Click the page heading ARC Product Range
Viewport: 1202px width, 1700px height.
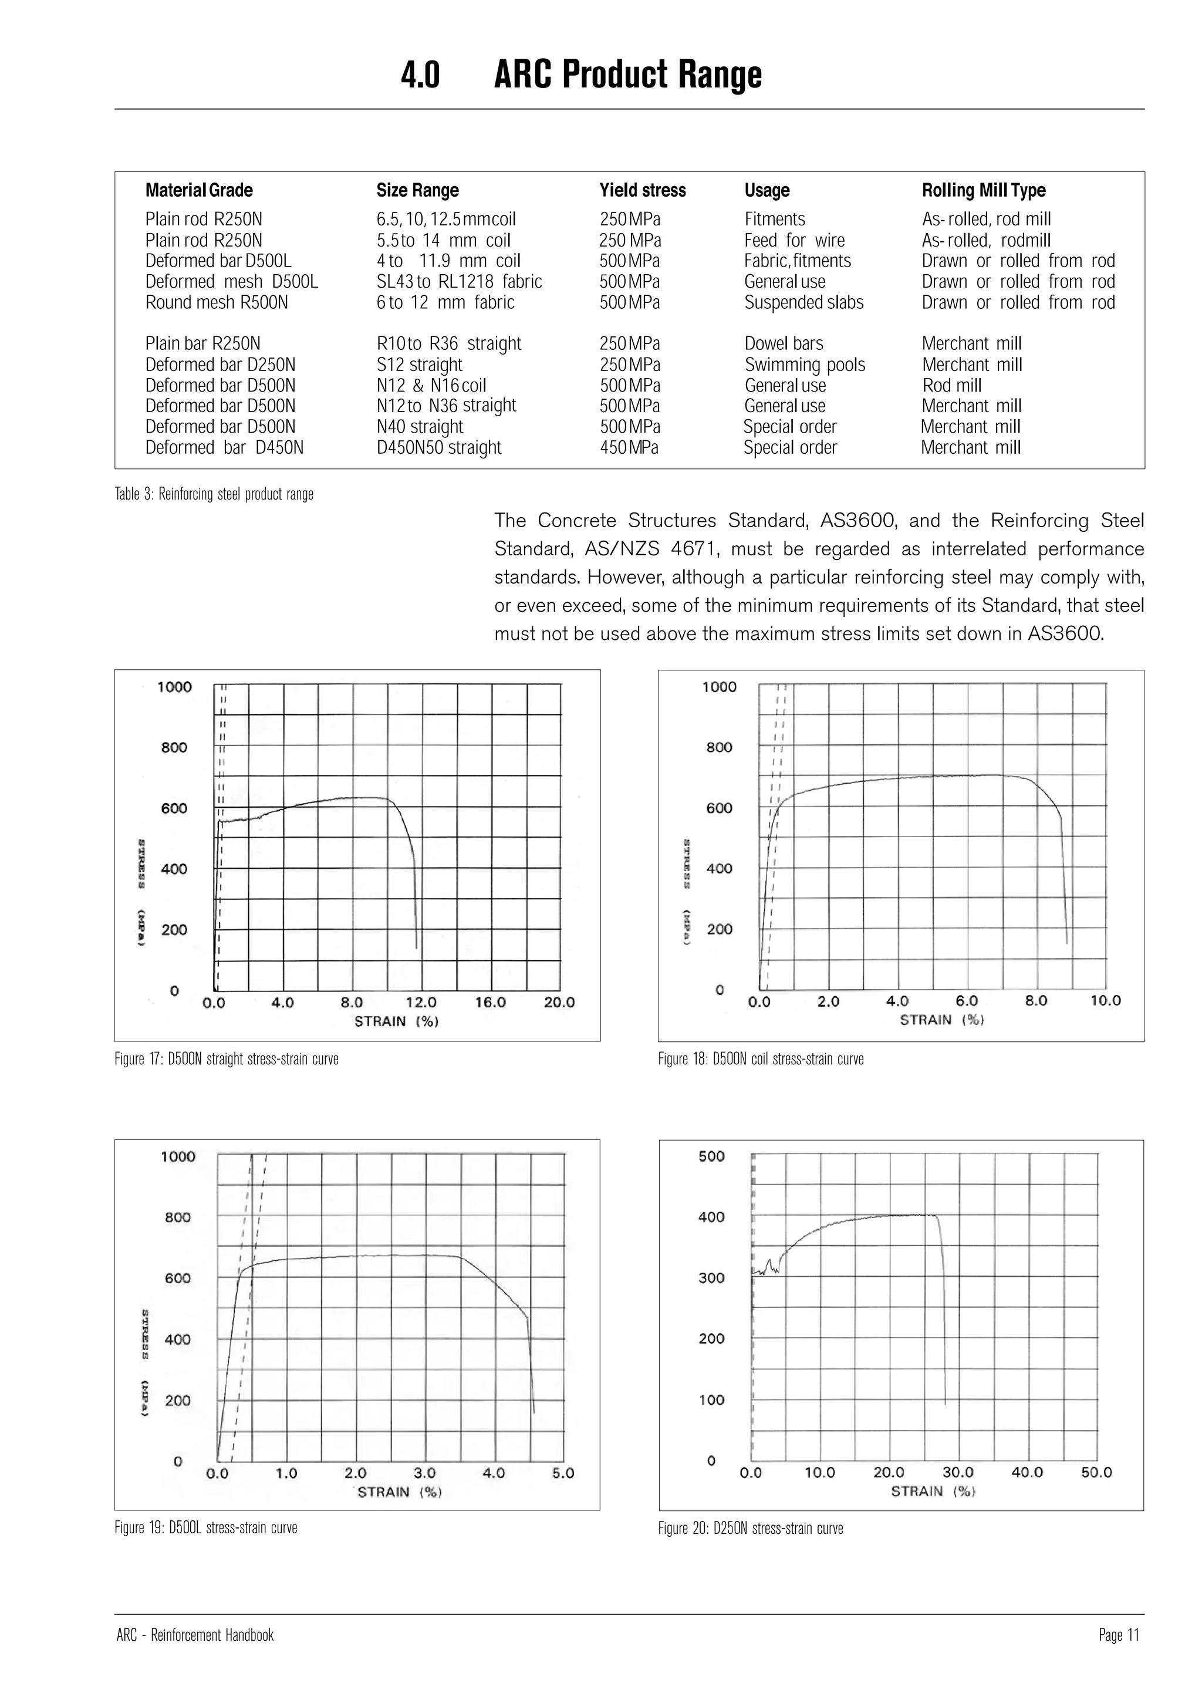pyautogui.click(x=627, y=75)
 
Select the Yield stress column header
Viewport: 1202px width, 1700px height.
pyautogui.click(x=643, y=190)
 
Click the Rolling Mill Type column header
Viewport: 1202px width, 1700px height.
pyautogui.click(x=983, y=190)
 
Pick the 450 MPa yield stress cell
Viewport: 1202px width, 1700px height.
pyautogui.click(x=629, y=447)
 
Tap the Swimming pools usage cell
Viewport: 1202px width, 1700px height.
pyautogui.click(x=805, y=365)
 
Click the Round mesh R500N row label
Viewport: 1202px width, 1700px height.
pyautogui.click(x=217, y=302)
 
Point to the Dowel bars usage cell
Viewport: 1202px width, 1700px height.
pyautogui.click(x=784, y=343)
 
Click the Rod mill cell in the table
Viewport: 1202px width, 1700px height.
pyautogui.click(x=952, y=385)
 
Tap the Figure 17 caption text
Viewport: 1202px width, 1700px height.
pyautogui.click(x=227, y=1059)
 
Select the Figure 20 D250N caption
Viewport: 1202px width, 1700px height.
pyautogui.click(x=751, y=1528)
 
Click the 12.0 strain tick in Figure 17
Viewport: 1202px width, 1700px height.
pyautogui.click(x=421, y=1002)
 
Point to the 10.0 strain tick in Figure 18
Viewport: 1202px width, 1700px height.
pyautogui.click(x=1105, y=1000)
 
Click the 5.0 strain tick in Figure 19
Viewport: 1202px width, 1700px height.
pyautogui.click(x=563, y=1473)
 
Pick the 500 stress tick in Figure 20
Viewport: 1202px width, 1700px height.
pyautogui.click(x=711, y=1156)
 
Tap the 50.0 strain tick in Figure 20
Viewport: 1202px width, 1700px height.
pyautogui.click(x=1096, y=1472)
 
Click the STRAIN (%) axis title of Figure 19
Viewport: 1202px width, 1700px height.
pyautogui.click(x=400, y=1492)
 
